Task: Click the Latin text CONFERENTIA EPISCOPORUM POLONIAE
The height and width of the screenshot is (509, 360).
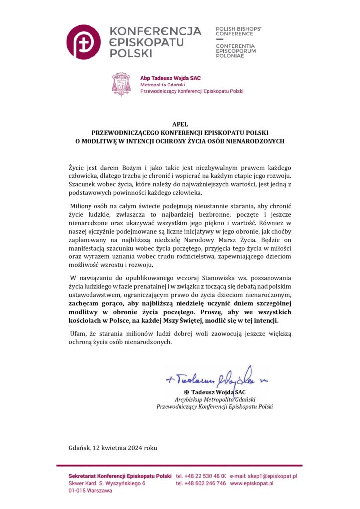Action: (x=236, y=51)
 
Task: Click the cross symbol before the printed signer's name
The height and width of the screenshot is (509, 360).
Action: (x=187, y=392)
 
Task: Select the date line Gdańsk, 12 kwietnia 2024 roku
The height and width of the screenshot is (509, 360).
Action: (x=113, y=447)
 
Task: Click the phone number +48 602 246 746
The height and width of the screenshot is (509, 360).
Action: (x=201, y=483)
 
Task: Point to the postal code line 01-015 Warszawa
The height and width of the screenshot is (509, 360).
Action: (x=90, y=490)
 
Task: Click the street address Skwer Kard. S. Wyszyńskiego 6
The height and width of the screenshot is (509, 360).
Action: (x=106, y=483)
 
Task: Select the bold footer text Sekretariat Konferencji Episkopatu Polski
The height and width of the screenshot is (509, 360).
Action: (x=120, y=476)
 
